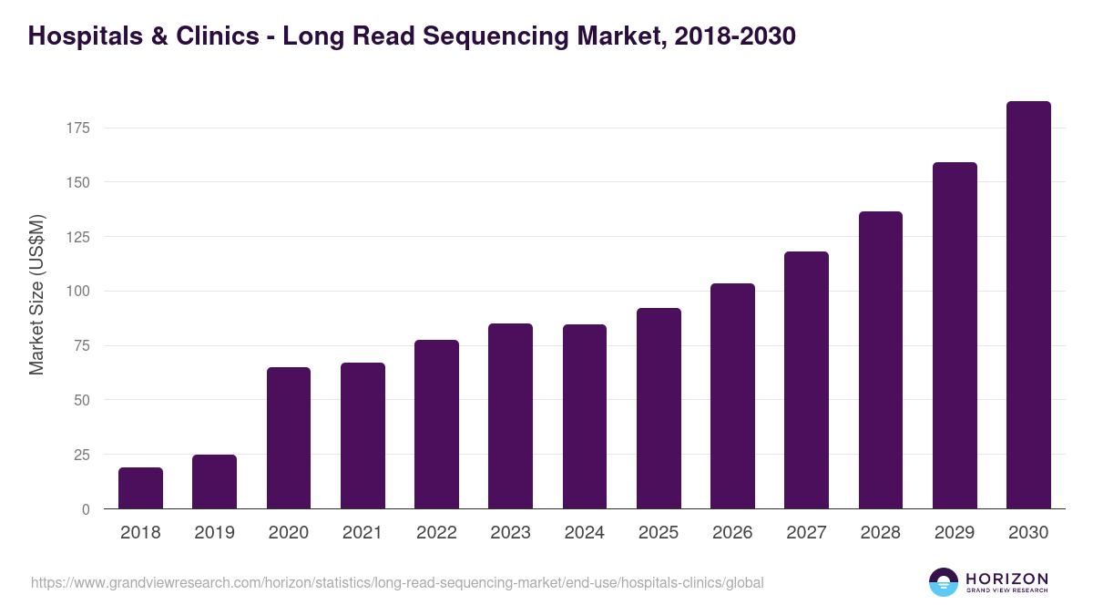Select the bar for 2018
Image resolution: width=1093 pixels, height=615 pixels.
140,488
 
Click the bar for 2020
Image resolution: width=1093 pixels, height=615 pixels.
289,438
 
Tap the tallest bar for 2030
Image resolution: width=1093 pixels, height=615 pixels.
1028,305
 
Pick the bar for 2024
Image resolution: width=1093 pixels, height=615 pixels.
585,416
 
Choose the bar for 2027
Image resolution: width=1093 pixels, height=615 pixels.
807,380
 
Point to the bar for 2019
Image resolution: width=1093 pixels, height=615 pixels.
214,482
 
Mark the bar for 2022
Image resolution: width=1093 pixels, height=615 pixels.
436,425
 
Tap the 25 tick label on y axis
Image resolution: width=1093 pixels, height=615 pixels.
81,455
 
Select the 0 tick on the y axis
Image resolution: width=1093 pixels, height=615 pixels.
86,509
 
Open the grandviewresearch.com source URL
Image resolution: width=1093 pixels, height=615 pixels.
397,582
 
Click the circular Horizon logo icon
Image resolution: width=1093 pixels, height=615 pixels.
944,582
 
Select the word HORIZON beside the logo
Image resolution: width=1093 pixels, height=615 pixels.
1006,579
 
